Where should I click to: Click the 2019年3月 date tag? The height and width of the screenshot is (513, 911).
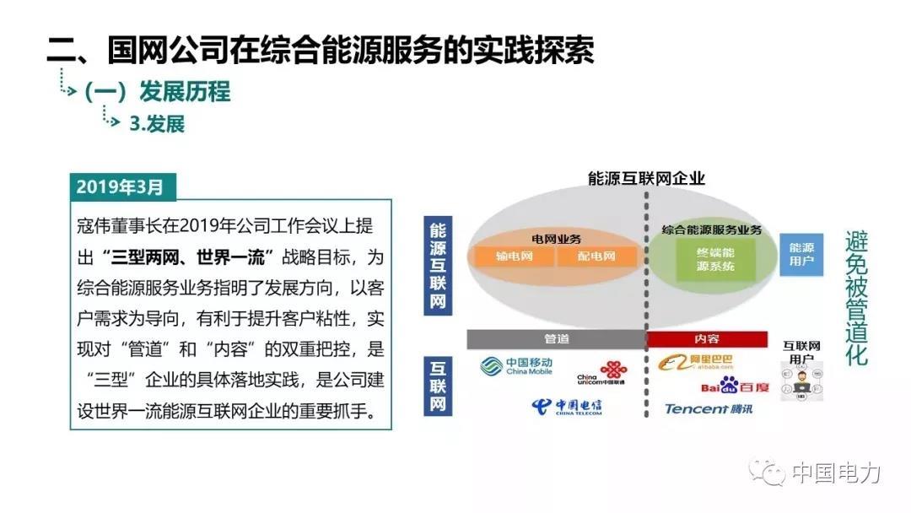(122, 187)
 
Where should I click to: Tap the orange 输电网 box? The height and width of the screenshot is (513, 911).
(515, 256)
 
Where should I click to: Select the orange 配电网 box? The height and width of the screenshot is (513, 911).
(596, 256)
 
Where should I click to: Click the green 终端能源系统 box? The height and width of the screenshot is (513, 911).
(716, 260)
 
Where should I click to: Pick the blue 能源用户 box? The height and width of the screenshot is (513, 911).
(801, 255)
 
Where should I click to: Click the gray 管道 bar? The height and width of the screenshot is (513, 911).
(557, 338)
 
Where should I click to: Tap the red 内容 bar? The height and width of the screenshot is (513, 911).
(707, 338)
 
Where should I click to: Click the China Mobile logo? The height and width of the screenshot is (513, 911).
(516, 366)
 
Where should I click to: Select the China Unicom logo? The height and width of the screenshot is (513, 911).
(602, 373)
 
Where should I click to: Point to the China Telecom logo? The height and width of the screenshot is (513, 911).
(567, 407)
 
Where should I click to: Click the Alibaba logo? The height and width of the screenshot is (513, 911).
(695, 363)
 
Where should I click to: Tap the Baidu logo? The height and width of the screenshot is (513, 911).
(735, 386)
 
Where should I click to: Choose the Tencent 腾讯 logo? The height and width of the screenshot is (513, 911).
(709, 409)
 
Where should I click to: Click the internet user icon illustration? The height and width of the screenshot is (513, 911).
(802, 382)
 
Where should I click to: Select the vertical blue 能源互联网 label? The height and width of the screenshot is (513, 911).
(438, 266)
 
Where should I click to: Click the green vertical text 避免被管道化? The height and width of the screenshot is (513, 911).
(856, 298)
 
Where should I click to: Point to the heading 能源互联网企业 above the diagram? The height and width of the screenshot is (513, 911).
(646, 178)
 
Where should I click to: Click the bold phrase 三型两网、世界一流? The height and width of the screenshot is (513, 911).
(187, 256)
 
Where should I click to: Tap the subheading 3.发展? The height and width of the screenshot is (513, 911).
(157, 124)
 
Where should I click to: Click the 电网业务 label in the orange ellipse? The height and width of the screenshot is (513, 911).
(556, 238)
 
